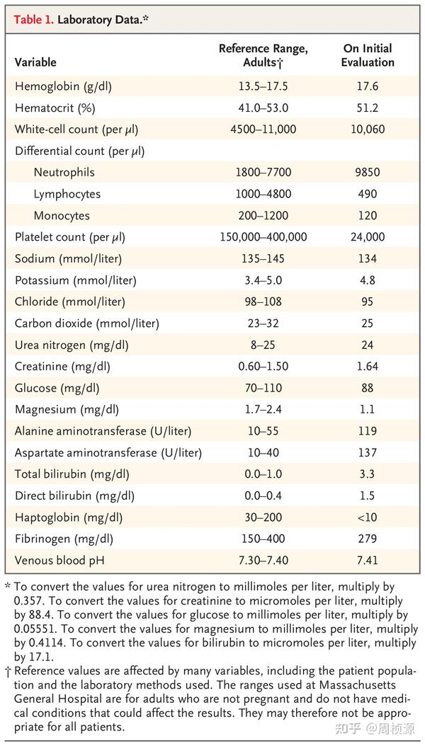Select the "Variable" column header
(35, 62)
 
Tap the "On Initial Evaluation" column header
(368, 55)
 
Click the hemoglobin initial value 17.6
(368, 86)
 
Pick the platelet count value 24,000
(368, 237)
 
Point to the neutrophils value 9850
(368, 172)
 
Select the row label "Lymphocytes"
(67, 194)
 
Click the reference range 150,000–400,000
(263, 237)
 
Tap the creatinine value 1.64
(368, 367)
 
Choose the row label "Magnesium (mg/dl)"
(67, 410)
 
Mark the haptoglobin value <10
(368, 517)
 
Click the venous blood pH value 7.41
(368, 561)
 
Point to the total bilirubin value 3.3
(368, 474)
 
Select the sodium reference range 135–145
(263, 258)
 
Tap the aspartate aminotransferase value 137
(368, 453)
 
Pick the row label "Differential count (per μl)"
(79, 151)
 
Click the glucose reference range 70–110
(263, 388)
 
